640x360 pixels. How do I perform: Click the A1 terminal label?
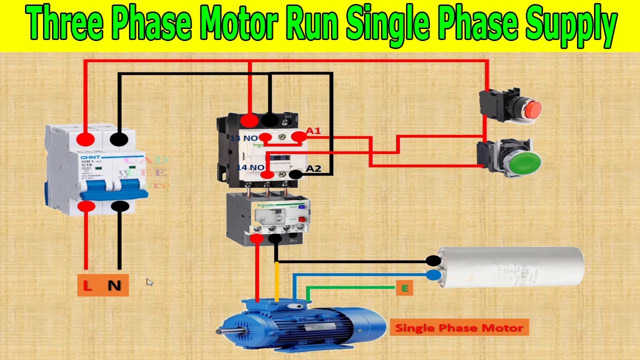[x=313, y=131]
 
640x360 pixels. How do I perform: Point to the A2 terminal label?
[x=313, y=168]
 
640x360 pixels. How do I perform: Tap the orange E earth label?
[x=404, y=288]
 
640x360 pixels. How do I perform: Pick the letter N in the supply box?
[x=115, y=286]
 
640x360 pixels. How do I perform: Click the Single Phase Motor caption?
[x=459, y=328]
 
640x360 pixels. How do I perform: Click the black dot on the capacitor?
[x=433, y=260]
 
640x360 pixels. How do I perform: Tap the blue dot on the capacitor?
[x=433, y=274]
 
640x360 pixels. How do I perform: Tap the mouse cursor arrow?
[x=149, y=281]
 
